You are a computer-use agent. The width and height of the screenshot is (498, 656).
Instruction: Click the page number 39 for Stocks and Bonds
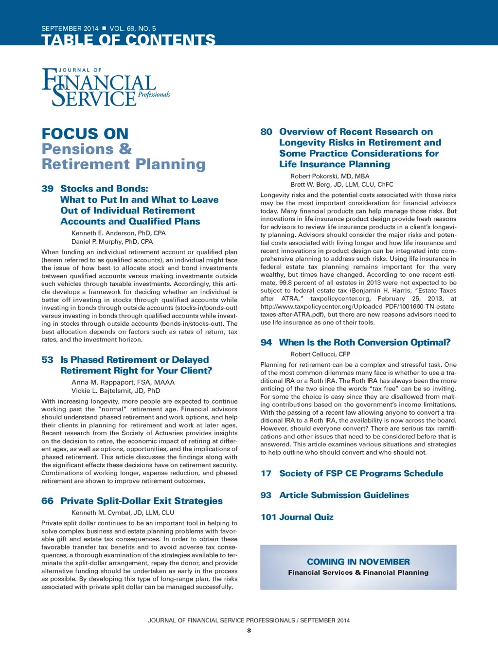pos(48,189)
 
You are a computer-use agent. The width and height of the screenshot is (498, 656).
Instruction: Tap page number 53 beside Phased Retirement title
pos(48,360)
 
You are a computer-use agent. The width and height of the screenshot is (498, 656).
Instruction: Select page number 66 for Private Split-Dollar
pos(48,501)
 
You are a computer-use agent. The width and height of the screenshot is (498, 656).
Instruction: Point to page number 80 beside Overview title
pos(267,132)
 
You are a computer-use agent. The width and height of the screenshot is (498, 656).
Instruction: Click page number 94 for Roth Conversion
pos(266,342)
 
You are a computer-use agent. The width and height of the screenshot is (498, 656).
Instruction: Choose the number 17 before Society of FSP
pos(266,473)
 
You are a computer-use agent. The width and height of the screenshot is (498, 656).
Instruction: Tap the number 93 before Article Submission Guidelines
pos(266,495)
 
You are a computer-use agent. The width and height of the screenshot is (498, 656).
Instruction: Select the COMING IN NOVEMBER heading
pos(358,562)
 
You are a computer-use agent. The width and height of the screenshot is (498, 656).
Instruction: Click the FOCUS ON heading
pos(85,134)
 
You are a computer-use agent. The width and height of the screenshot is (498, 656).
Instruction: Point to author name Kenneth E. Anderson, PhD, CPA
pos(119,233)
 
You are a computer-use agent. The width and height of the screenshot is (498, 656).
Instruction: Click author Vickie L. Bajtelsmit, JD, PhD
pos(116,390)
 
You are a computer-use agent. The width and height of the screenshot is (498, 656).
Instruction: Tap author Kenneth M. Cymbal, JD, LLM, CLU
pos(123,513)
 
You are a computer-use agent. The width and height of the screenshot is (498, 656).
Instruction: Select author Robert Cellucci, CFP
pos(320,354)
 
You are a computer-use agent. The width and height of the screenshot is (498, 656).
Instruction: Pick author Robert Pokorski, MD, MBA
pos(330,176)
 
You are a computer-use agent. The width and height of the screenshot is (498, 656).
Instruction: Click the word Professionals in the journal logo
pos(154,94)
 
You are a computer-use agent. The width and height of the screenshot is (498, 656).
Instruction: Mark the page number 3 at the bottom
pos(249,631)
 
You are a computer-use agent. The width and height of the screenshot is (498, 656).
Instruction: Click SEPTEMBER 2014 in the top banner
pos(70,29)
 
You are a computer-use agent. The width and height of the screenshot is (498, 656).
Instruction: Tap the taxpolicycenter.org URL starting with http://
pos(358,306)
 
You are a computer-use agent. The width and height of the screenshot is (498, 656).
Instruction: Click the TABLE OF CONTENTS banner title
pos(128,39)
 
